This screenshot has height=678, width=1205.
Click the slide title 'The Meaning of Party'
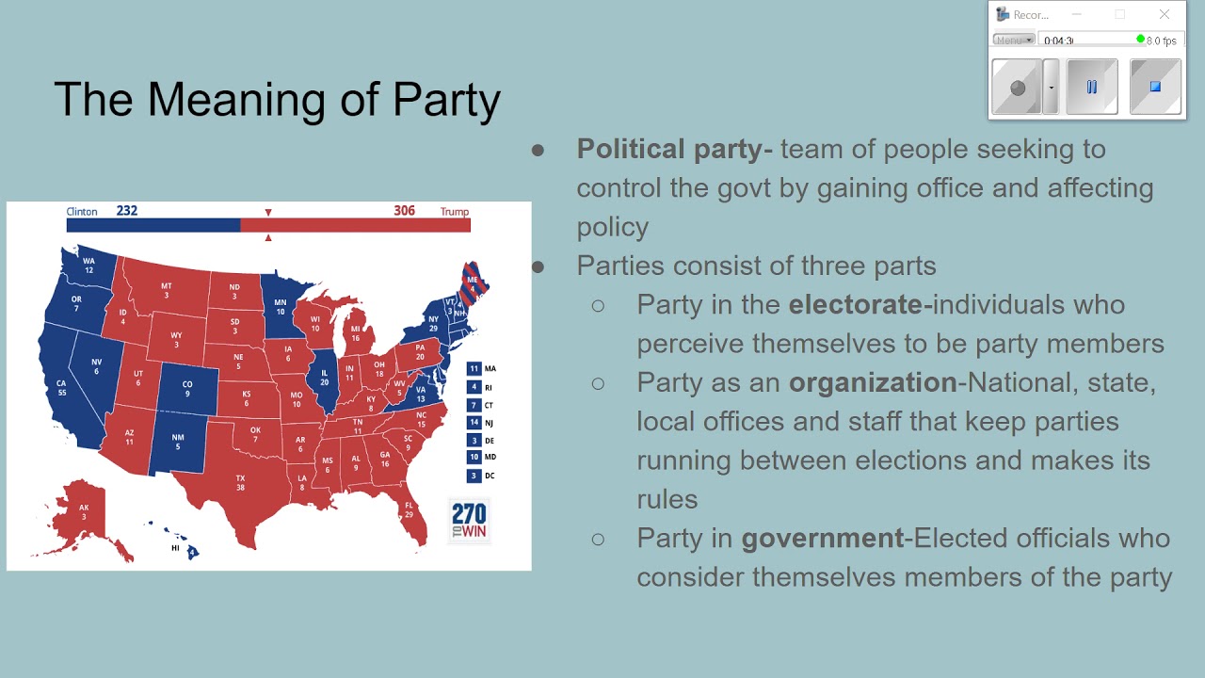click(x=277, y=99)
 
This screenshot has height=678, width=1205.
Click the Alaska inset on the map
click(x=83, y=513)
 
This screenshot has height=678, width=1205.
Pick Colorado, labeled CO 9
click(x=186, y=387)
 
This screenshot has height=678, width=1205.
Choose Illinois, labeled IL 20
click(x=324, y=376)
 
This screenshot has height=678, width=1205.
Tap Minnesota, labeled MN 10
click(x=280, y=305)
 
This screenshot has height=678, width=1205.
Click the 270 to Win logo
click(x=469, y=520)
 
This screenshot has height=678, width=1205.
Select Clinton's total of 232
click(x=127, y=211)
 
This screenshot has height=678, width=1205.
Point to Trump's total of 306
click(x=404, y=211)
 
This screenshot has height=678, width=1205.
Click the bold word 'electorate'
click(x=856, y=305)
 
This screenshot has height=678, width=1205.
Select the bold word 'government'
click(x=822, y=538)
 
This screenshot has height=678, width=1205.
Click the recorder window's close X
click(x=1165, y=14)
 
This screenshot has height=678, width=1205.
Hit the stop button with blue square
click(x=1155, y=88)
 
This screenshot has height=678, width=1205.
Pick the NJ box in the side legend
click(x=474, y=423)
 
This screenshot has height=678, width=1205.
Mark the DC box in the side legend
click(x=474, y=476)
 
